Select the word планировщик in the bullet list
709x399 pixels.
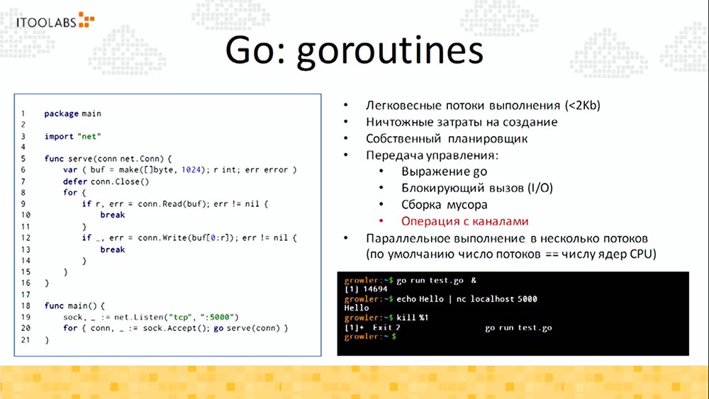(x=504, y=138)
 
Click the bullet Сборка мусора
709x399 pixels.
(x=444, y=204)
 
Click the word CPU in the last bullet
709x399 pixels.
(x=641, y=253)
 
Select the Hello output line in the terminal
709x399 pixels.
(x=356, y=308)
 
